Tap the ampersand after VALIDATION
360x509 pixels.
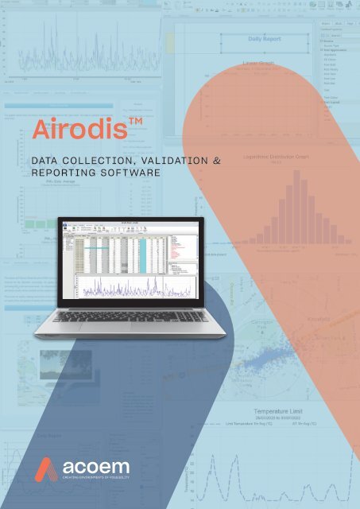pyautogui.click(x=214, y=161)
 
